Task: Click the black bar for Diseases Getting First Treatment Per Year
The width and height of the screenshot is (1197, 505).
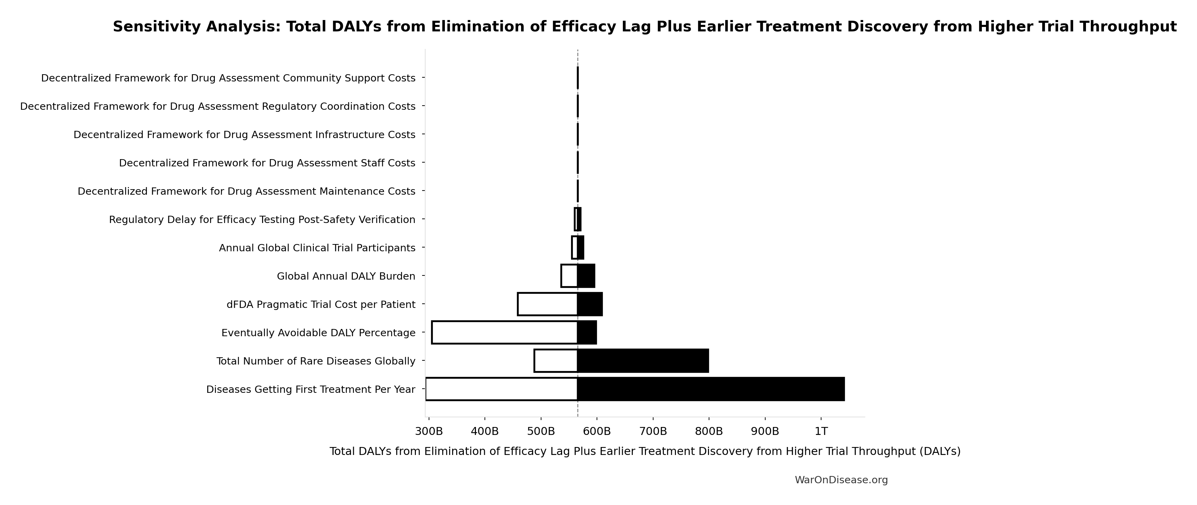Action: point(711,389)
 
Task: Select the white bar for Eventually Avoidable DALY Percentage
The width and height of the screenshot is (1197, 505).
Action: point(505,332)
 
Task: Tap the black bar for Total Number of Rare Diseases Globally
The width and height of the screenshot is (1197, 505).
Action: point(643,361)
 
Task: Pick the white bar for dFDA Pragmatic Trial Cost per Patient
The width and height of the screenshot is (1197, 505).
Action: point(547,304)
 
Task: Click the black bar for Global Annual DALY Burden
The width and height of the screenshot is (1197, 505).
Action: point(586,276)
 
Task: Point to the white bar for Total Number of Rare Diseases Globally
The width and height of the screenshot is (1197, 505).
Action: point(556,361)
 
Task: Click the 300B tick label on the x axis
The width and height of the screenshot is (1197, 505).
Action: point(428,431)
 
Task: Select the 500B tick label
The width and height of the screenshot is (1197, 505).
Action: point(541,431)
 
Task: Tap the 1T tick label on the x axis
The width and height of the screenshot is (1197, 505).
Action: point(821,431)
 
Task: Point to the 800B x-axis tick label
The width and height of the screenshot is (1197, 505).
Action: point(709,431)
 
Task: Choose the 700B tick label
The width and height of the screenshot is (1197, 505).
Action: point(653,431)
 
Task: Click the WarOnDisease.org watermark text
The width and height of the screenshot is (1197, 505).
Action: point(841,480)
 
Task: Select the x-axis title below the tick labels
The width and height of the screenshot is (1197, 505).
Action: point(645,451)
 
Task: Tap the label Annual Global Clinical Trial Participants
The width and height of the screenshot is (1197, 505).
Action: point(317,248)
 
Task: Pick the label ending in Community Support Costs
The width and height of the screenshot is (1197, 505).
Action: point(228,78)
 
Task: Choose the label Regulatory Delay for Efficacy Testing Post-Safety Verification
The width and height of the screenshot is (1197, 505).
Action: point(262,220)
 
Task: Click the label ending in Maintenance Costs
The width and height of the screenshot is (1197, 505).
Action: point(246,192)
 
